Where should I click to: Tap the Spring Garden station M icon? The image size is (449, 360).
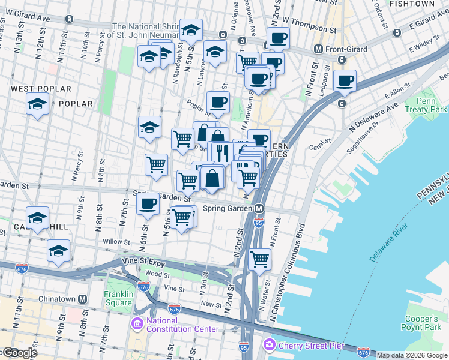259,209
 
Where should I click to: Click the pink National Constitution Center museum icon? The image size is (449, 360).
137,324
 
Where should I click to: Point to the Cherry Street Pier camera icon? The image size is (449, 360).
270,344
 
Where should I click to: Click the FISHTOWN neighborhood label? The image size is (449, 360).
411,4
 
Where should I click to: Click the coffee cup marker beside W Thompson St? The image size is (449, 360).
277,39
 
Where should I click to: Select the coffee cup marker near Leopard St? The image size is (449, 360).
345,81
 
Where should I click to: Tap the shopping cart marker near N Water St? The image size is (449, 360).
259,259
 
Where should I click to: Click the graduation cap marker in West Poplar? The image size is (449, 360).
37,104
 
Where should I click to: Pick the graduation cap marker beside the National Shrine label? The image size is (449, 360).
191,29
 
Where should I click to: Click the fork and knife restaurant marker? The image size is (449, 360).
221,151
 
